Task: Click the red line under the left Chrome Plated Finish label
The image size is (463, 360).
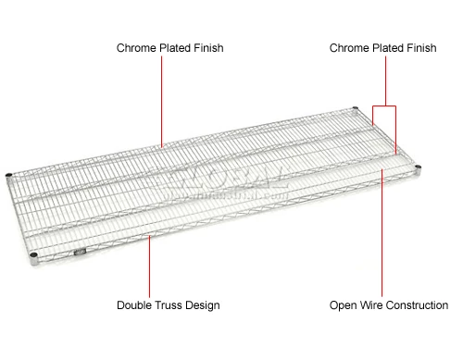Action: [x=163, y=102]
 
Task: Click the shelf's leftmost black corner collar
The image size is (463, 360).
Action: [x=9, y=176]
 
